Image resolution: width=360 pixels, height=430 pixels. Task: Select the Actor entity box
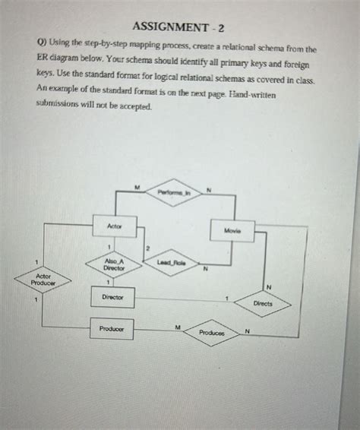click(115, 226)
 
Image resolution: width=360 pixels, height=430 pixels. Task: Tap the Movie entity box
click(232, 229)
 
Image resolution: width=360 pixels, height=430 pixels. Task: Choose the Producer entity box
click(112, 329)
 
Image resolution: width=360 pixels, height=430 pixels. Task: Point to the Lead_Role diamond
click(171, 262)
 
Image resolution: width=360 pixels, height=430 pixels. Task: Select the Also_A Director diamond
click(114, 265)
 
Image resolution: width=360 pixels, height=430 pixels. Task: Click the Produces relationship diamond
click(212, 333)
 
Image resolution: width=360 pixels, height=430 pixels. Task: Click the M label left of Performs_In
click(137, 185)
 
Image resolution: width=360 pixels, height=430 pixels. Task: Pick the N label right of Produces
click(247, 332)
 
